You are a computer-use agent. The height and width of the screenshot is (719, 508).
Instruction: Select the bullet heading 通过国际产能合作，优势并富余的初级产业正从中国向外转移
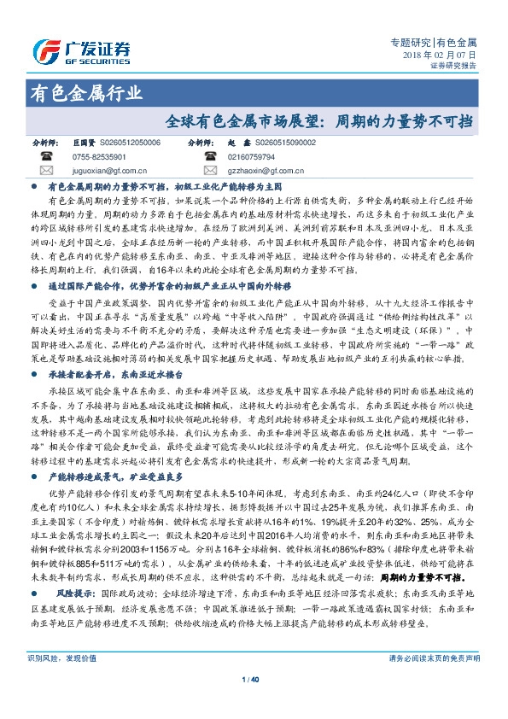(x=170, y=289)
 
